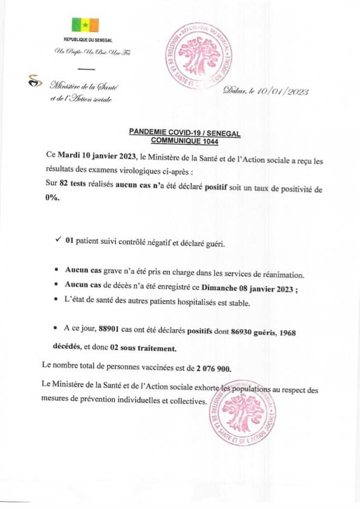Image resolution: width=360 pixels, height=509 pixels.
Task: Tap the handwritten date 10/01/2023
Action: click(282, 91)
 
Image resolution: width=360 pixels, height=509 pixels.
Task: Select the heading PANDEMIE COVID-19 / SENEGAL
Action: click(185, 133)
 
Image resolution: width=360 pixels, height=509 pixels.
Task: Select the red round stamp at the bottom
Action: click(242, 415)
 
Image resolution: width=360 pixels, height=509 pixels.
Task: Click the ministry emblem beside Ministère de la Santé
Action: click(35, 81)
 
